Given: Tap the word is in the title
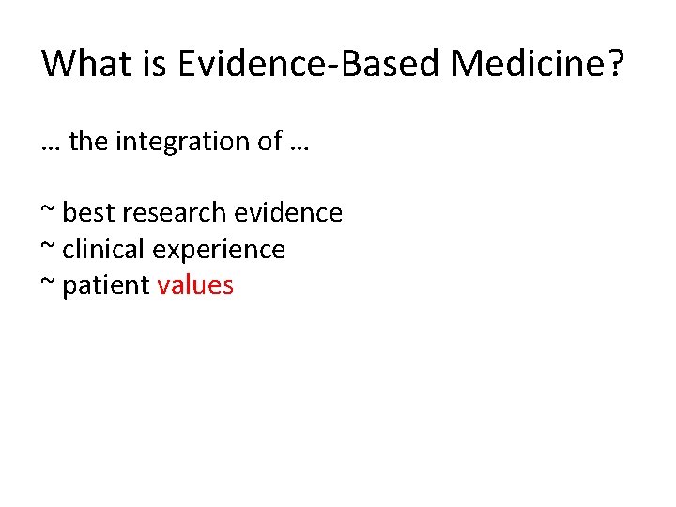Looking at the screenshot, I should pos(154,64).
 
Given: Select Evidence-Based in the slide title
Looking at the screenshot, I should pos(311,64).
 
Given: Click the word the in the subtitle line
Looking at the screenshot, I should pos(89,142).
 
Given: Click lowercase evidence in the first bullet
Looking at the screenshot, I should pos(288,213).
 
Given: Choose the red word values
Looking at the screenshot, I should pos(195,285).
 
